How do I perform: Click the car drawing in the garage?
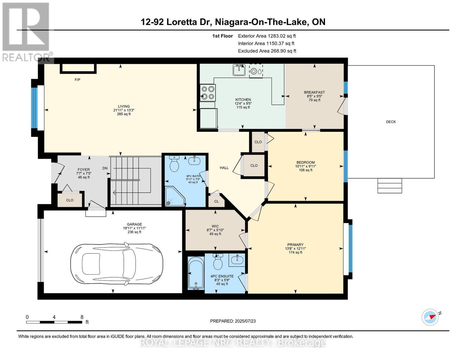coord(117,263)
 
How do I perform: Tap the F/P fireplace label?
coord(77,80)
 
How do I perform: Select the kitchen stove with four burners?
coord(208,93)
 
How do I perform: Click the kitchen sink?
coord(239,70)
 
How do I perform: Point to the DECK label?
coord(391,122)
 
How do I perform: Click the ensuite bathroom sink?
coord(237,259)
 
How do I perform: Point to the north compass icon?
coord(430,317)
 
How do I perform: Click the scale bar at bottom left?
coord(54,322)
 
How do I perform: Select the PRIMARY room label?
coord(295,244)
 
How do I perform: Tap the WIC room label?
coord(215,226)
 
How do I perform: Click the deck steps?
coord(389,186)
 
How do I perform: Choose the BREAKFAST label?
coord(314,92)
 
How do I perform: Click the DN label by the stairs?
coord(105,168)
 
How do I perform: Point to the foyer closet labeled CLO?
coord(70,200)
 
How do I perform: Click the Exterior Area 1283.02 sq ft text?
coord(267,36)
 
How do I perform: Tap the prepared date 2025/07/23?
coord(233,321)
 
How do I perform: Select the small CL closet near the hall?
coord(216,201)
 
